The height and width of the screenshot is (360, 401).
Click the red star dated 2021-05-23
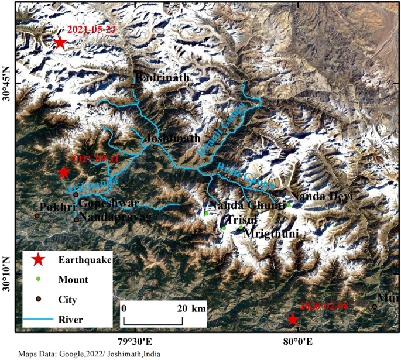pyautogui.click(x=59, y=43)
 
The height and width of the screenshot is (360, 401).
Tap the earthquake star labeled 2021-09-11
pyautogui.click(x=64, y=172)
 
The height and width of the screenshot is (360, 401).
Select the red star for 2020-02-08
pyautogui.click(x=292, y=319)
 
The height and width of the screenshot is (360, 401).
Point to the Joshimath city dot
pyautogui.click(x=155, y=146)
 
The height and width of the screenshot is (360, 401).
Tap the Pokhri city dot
pyautogui.click(x=37, y=216)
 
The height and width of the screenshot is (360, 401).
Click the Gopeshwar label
pyautogui.click(x=108, y=204)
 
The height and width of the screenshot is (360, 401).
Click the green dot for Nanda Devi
pyautogui.click(x=289, y=204)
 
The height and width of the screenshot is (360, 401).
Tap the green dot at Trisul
pyautogui.click(x=224, y=228)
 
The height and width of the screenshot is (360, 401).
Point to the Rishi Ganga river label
pyautogui.click(x=245, y=175)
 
